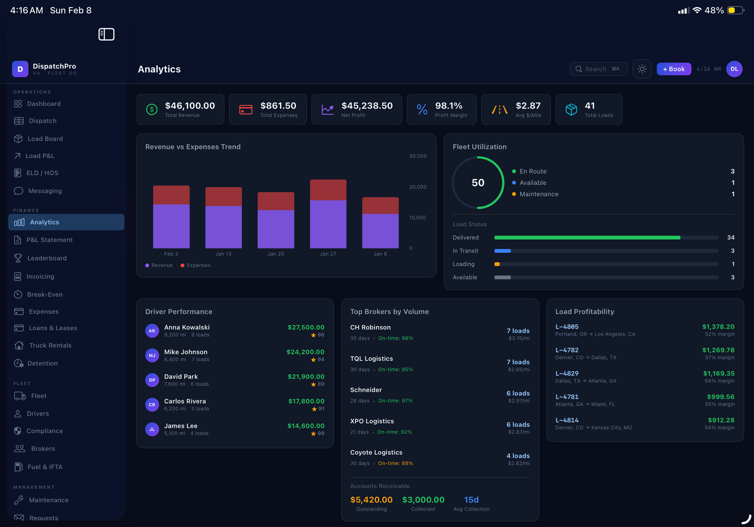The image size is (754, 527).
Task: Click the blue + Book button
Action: (673, 69)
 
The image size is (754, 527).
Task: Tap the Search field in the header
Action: (598, 69)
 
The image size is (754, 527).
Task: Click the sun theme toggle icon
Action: (642, 69)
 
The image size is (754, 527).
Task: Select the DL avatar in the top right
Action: (734, 69)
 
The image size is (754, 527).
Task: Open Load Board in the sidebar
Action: (45, 139)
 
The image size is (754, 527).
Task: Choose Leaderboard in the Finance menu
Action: (47, 258)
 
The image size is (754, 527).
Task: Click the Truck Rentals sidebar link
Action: (50, 346)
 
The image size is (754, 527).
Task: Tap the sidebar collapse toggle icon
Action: (107, 34)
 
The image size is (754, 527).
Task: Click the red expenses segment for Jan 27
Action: (328, 190)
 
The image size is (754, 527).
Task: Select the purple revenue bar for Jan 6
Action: (380, 231)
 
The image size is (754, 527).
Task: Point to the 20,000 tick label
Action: (418, 187)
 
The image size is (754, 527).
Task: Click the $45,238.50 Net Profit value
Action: (367, 106)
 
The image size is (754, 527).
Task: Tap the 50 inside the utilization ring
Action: (478, 183)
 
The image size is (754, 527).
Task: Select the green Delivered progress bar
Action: (587, 238)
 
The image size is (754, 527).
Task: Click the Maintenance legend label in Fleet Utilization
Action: (539, 194)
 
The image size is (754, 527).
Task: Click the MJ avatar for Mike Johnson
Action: (152, 355)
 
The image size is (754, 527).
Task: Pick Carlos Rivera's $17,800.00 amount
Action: (306, 401)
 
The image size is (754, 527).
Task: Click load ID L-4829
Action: (567, 373)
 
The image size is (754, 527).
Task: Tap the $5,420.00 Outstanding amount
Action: (371, 500)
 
